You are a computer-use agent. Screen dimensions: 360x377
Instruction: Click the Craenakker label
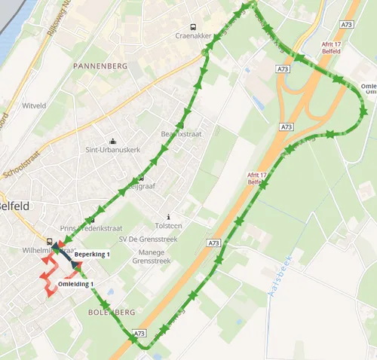point(192,35)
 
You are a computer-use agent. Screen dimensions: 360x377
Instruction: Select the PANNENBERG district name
point(100,67)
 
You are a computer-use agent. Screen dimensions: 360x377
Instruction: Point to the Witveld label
point(35,105)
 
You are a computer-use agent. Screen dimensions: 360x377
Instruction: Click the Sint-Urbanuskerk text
point(113,150)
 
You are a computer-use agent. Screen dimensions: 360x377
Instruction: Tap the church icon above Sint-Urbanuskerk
point(113,140)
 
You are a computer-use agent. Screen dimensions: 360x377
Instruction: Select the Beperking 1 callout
point(92,255)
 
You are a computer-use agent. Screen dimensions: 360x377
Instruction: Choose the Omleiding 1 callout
point(75,284)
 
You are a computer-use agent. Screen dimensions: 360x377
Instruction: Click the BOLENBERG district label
point(111,311)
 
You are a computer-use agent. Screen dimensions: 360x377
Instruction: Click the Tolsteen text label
point(168,224)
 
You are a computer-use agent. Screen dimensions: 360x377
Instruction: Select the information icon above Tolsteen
point(168,215)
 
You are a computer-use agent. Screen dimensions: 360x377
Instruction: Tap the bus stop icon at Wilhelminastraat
point(50,243)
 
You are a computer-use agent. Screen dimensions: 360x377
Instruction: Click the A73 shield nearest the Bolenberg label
point(139,332)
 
